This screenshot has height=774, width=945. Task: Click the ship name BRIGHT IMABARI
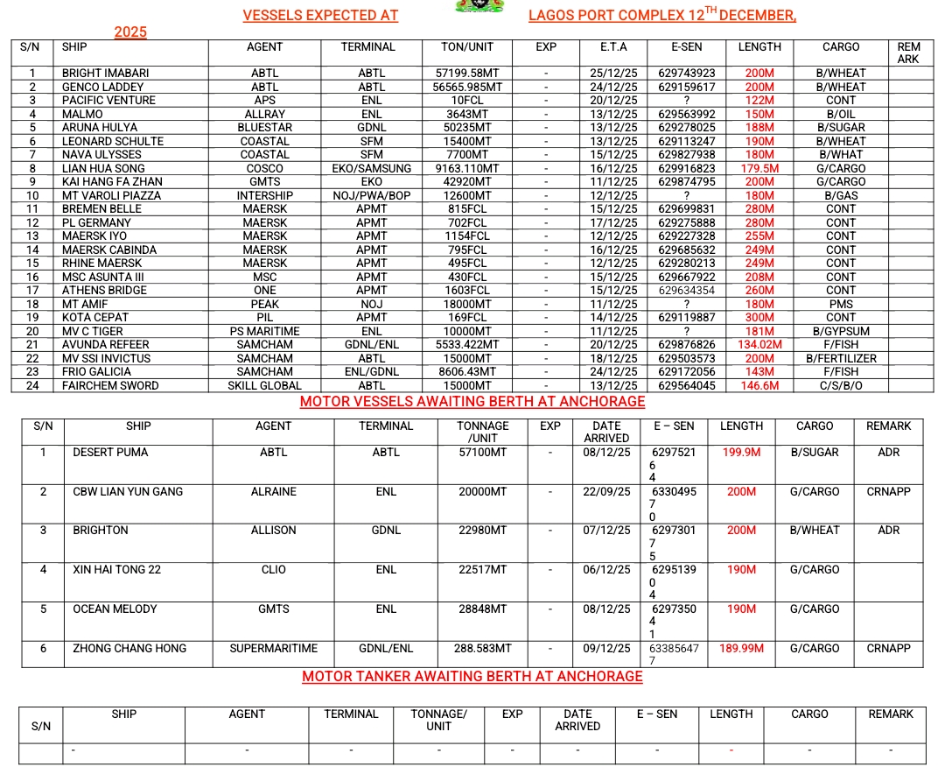click(x=105, y=74)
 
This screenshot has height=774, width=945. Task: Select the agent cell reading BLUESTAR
click(x=264, y=128)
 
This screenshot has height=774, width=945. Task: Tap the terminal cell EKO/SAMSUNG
click(x=372, y=169)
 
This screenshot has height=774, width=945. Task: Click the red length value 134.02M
click(x=759, y=345)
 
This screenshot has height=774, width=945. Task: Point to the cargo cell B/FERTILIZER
click(x=840, y=359)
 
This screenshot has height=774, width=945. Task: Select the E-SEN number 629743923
click(x=687, y=74)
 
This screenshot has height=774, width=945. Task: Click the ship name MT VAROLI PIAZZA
click(x=113, y=196)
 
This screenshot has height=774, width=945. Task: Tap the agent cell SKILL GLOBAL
click(x=264, y=386)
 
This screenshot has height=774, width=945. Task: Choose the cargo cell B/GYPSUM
click(x=840, y=332)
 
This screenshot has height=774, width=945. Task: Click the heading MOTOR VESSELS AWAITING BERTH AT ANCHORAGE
click(x=472, y=403)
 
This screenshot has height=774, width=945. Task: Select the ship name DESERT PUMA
click(x=110, y=453)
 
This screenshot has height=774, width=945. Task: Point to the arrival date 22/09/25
click(x=606, y=492)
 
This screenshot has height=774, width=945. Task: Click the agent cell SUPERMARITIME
click(x=274, y=649)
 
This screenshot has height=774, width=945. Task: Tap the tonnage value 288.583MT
click(x=482, y=649)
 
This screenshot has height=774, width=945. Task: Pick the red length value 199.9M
click(x=741, y=453)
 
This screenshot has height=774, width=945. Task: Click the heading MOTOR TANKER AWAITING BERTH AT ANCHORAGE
click(x=472, y=677)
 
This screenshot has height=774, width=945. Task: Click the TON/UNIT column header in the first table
click(x=467, y=47)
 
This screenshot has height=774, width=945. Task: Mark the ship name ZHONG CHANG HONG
click(x=129, y=649)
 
